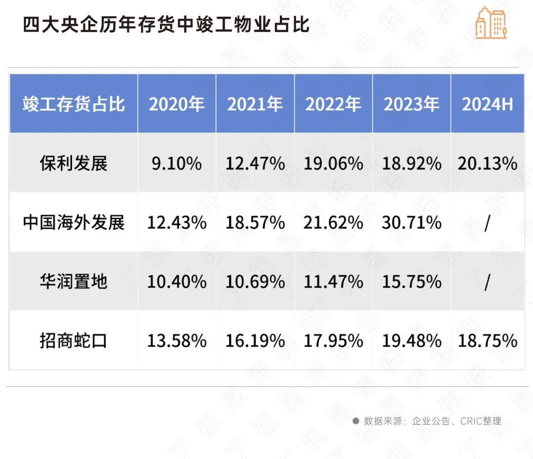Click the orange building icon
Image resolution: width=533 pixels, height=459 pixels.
(x=491, y=23)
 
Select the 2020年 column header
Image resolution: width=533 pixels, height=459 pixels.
(x=176, y=104)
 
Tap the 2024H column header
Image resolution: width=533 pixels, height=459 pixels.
(x=487, y=104)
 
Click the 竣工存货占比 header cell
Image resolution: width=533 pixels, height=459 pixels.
(x=74, y=104)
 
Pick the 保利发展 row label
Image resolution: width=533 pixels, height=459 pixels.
(x=74, y=163)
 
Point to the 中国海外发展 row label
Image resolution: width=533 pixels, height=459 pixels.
(x=74, y=223)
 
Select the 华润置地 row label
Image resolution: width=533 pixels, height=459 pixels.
(x=74, y=282)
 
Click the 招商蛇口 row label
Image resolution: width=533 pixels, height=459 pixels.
(x=74, y=341)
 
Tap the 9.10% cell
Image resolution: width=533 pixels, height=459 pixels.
(x=176, y=163)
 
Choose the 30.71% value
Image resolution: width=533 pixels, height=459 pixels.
(x=412, y=223)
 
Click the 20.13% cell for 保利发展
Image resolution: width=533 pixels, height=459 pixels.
(x=487, y=163)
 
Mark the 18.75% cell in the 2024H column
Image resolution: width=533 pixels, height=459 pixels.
(x=487, y=341)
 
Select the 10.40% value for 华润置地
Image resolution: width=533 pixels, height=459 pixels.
(x=176, y=282)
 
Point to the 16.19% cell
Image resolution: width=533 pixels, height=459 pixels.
(x=255, y=341)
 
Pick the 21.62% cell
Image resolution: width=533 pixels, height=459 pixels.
(x=333, y=223)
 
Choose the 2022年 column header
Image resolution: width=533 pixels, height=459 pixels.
(x=333, y=104)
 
